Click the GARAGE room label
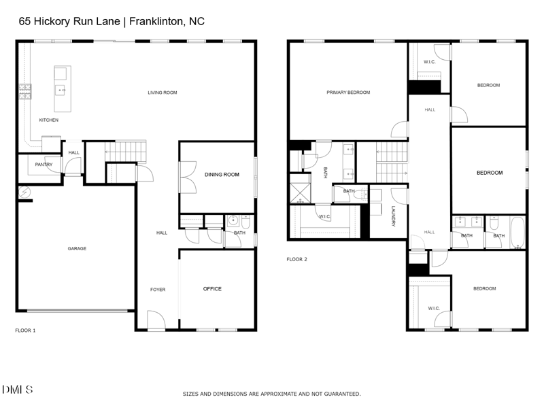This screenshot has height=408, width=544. [77, 249]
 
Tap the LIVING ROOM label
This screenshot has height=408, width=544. [163, 92]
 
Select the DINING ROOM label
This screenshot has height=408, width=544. [222, 175]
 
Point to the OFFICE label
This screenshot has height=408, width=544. [212, 289]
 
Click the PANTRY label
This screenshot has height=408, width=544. [44, 165]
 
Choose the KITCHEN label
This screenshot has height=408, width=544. [48, 120]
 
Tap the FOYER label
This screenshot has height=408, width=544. [158, 290]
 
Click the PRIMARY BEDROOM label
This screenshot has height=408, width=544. [348, 92]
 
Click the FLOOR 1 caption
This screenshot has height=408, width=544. [25, 330]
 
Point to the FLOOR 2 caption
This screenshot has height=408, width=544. [296, 259]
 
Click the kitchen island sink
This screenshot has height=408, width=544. [61, 90]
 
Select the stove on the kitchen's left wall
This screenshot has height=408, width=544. [24, 91]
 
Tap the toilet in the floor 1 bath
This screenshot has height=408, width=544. [245, 221]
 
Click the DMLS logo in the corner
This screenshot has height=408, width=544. [17, 390]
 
